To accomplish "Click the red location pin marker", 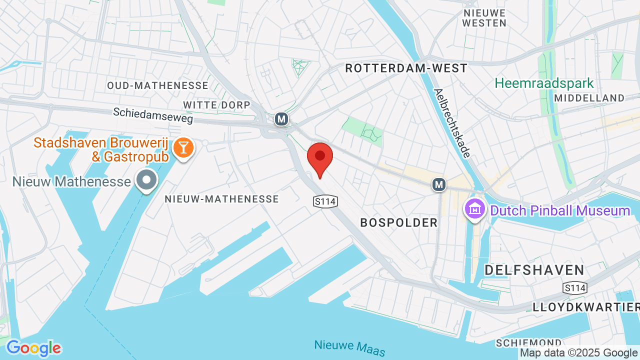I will click(x=320, y=157).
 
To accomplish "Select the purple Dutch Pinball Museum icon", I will click(x=474, y=208).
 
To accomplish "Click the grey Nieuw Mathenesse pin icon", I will click(x=147, y=180).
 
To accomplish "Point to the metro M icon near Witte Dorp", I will click(x=281, y=119).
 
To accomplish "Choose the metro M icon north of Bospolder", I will click(x=439, y=184).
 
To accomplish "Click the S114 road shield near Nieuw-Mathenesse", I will click(x=325, y=201).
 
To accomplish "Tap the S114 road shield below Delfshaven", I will click(x=574, y=287).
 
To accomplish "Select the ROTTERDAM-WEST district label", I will click(x=406, y=68).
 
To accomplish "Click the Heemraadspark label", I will click(x=544, y=83).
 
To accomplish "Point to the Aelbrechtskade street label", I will click(x=452, y=123).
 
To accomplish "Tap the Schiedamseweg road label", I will click(x=152, y=115).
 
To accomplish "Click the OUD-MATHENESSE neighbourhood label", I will click(x=157, y=85).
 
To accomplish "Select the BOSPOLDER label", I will click(x=399, y=222).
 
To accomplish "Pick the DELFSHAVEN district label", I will click(x=534, y=270).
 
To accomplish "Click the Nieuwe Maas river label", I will click(x=350, y=347).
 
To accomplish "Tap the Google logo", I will click(x=33, y=348).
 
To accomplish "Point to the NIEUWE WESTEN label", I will click(x=484, y=18).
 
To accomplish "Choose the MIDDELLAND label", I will click(x=589, y=98).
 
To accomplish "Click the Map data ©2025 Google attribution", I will click(x=579, y=353).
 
